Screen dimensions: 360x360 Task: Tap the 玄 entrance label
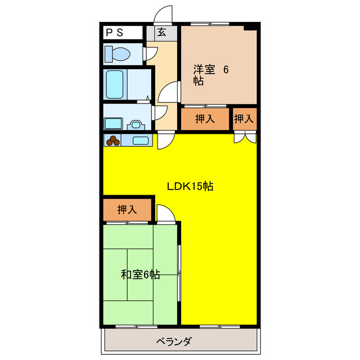coord(162,33)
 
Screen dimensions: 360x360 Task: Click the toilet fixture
coord(118,54)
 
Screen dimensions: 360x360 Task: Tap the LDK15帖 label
coord(190,187)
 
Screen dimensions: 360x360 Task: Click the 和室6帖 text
coord(141,275)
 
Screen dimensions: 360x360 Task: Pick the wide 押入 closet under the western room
coord(204,119)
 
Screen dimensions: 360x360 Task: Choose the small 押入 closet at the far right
coord(244,119)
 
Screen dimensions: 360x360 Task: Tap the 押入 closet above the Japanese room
coord(127,210)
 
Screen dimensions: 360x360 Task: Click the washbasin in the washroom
coord(137,124)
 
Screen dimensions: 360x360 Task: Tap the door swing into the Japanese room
coord(165,213)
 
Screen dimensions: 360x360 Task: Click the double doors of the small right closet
coord(245,137)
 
